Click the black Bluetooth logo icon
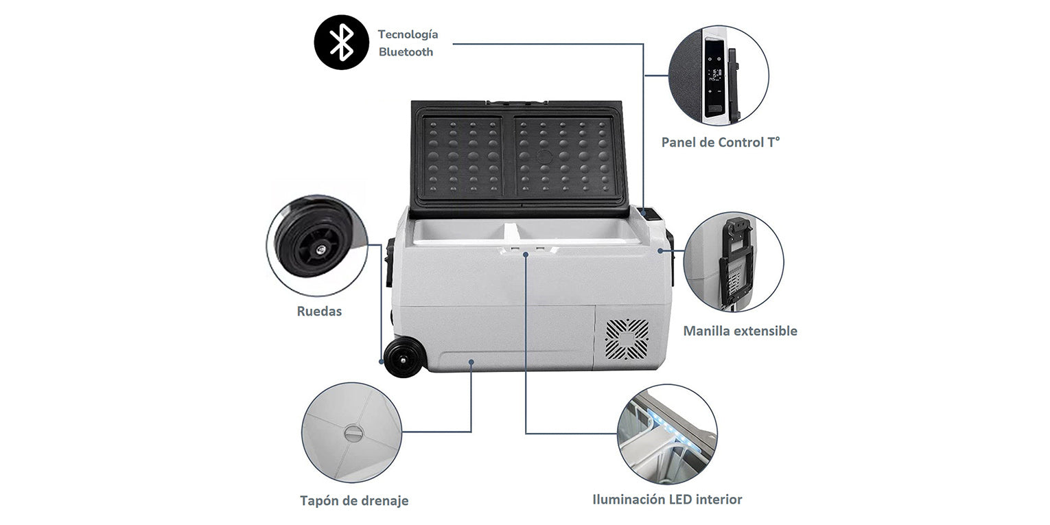point(342,42)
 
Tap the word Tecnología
point(408,34)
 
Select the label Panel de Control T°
point(721,142)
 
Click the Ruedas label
point(319,311)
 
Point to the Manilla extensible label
point(740,331)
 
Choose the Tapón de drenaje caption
point(354,500)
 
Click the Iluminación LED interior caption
point(667,499)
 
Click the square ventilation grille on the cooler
point(627,341)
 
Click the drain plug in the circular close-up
point(353,434)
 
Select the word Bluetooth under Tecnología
point(406,51)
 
